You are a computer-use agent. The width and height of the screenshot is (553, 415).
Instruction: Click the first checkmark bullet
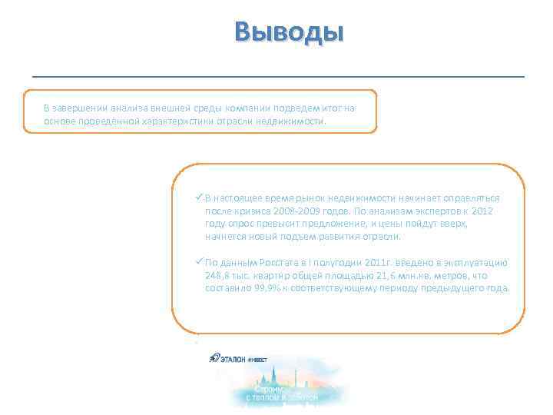click(x=200, y=197)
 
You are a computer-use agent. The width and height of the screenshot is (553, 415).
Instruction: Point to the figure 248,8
click(x=218, y=275)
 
